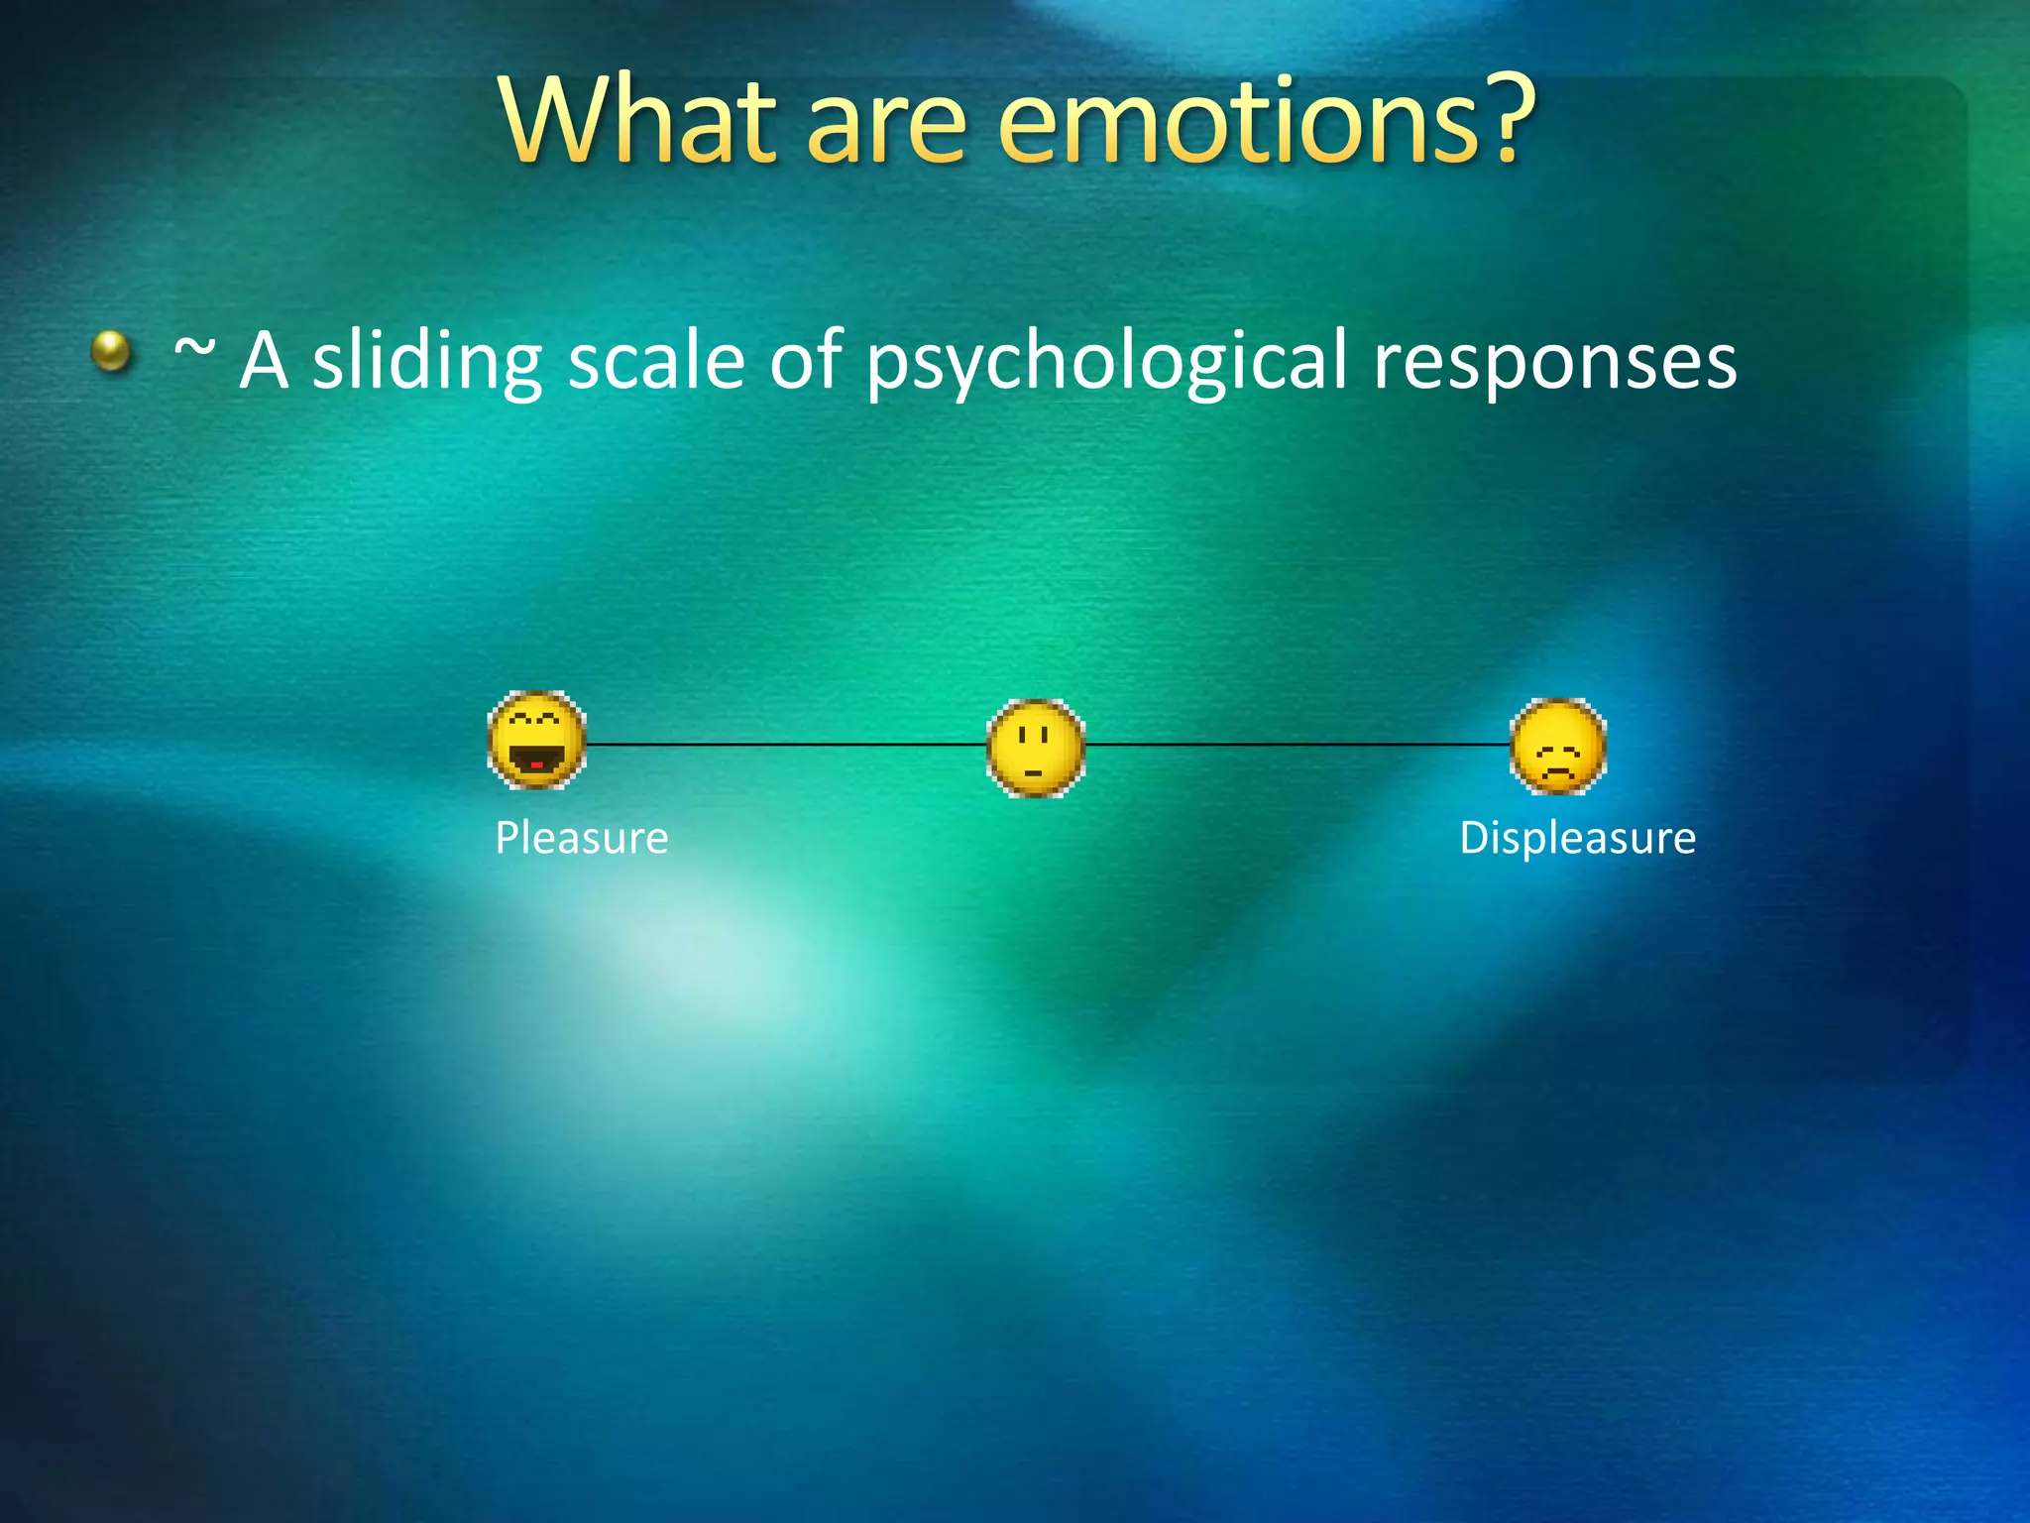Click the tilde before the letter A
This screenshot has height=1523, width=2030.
click(194, 349)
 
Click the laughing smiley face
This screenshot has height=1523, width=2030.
click(537, 740)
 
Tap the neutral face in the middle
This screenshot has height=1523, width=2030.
click(1036, 748)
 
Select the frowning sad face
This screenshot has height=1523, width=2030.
click(1557, 747)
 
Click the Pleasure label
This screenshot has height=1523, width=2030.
click(582, 839)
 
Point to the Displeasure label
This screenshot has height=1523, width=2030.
click(1577, 839)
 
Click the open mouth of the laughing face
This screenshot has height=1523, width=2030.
click(536, 761)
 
